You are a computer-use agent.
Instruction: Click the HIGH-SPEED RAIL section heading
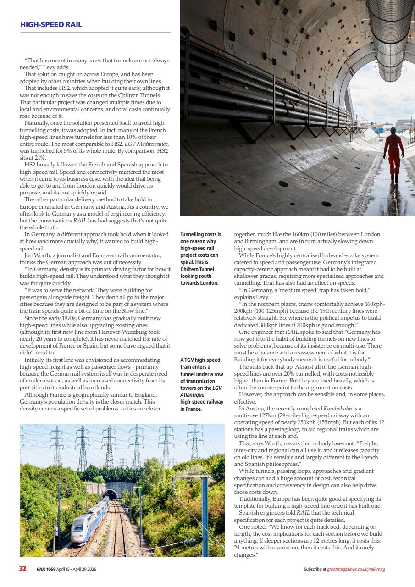(51, 25)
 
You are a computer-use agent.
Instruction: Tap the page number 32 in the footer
(22, 569)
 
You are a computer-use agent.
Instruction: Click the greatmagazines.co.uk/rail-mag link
(359, 570)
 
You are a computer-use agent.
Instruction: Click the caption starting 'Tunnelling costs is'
(201, 259)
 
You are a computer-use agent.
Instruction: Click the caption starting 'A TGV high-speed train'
(202, 384)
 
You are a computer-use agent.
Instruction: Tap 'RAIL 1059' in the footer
(46, 570)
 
